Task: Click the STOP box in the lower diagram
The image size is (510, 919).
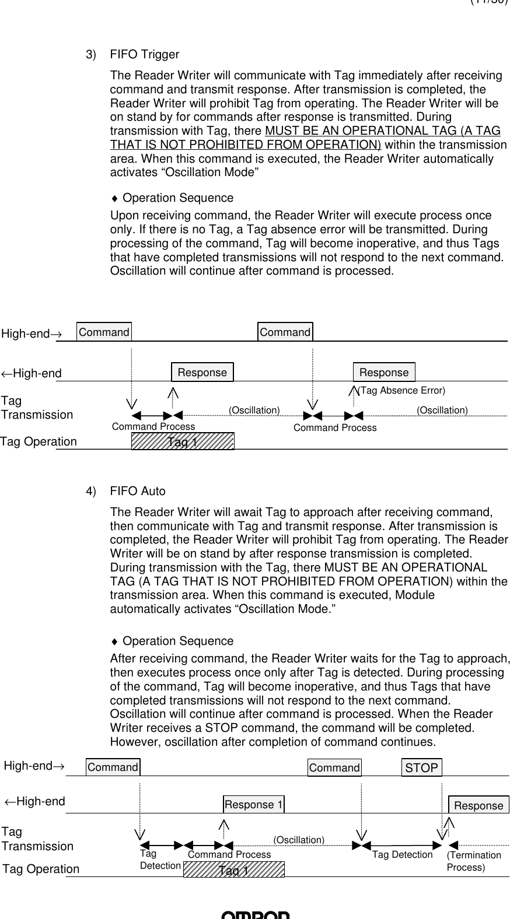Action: coord(421,767)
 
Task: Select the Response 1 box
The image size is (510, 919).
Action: coord(253,805)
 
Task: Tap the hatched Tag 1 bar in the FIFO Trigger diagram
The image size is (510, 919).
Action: coord(183,441)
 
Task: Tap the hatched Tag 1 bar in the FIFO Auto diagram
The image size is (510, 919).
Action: coord(233,869)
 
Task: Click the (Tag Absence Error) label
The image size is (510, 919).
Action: coord(401,390)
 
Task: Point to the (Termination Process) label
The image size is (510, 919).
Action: coord(473,861)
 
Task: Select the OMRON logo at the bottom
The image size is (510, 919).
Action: coord(255,915)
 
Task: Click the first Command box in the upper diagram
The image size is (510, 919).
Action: coord(104,332)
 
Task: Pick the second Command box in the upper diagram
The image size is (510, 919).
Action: coord(285,332)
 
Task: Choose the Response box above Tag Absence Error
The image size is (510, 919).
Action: coord(384,372)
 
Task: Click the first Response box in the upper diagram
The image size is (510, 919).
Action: coord(202,372)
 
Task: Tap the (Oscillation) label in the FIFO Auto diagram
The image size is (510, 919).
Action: coord(299,839)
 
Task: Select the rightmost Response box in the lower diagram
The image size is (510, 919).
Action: coord(478,805)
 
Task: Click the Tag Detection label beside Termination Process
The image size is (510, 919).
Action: coord(402,854)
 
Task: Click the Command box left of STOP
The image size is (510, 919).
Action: coord(334,767)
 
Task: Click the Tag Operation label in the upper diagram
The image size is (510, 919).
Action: coord(39,441)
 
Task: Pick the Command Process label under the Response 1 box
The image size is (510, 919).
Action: coord(229,854)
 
